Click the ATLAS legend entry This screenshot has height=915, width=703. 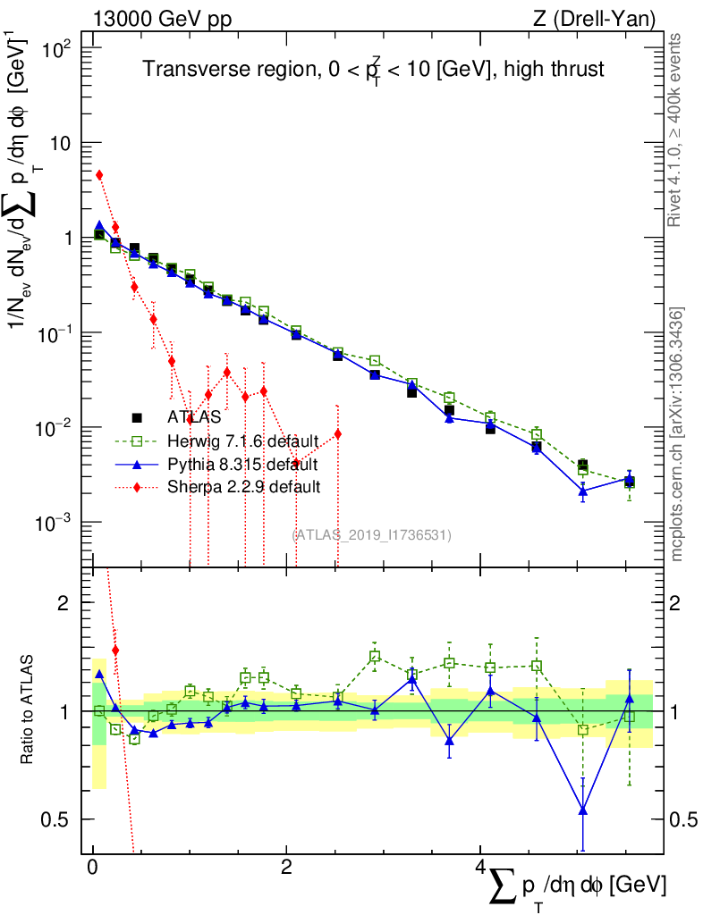coord(193,416)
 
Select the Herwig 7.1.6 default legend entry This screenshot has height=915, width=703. coord(241,440)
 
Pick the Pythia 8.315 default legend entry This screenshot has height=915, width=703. coord(241,464)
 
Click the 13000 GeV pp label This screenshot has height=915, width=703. coord(160,18)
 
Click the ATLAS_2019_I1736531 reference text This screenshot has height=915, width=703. coord(372,535)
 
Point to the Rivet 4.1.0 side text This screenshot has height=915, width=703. coord(676,130)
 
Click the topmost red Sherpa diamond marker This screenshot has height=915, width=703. coord(99,175)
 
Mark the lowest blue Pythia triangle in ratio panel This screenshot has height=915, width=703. coord(583,810)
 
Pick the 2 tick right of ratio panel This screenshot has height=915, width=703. coord(676,603)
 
